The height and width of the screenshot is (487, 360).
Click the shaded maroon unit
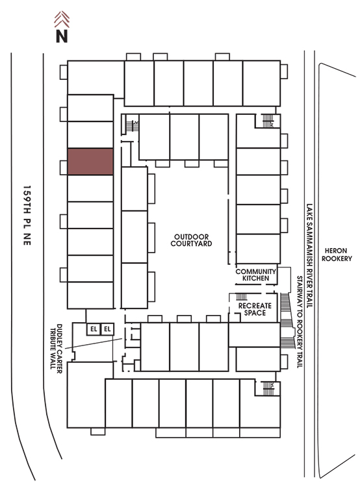[90, 162]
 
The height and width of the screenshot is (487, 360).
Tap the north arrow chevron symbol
[62, 19]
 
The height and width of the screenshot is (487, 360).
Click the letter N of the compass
[62, 36]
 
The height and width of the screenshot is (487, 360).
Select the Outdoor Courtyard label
[191, 240]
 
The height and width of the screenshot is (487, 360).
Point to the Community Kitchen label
[255, 275]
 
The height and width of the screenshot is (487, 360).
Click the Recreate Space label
[255, 309]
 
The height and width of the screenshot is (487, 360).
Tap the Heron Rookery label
[337, 255]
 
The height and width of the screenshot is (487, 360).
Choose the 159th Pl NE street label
[27, 216]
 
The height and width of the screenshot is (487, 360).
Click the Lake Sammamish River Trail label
[309, 256]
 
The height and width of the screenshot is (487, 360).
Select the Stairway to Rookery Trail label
[300, 322]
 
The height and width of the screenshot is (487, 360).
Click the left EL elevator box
[94, 329]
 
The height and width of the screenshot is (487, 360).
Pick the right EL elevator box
[107, 329]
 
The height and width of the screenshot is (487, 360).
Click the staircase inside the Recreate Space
[242, 297]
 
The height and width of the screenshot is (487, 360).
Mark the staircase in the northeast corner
[268, 121]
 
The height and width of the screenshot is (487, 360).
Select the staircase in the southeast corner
[268, 388]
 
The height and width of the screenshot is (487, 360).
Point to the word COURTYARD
[191, 243]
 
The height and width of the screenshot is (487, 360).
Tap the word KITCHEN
[255, 279]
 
